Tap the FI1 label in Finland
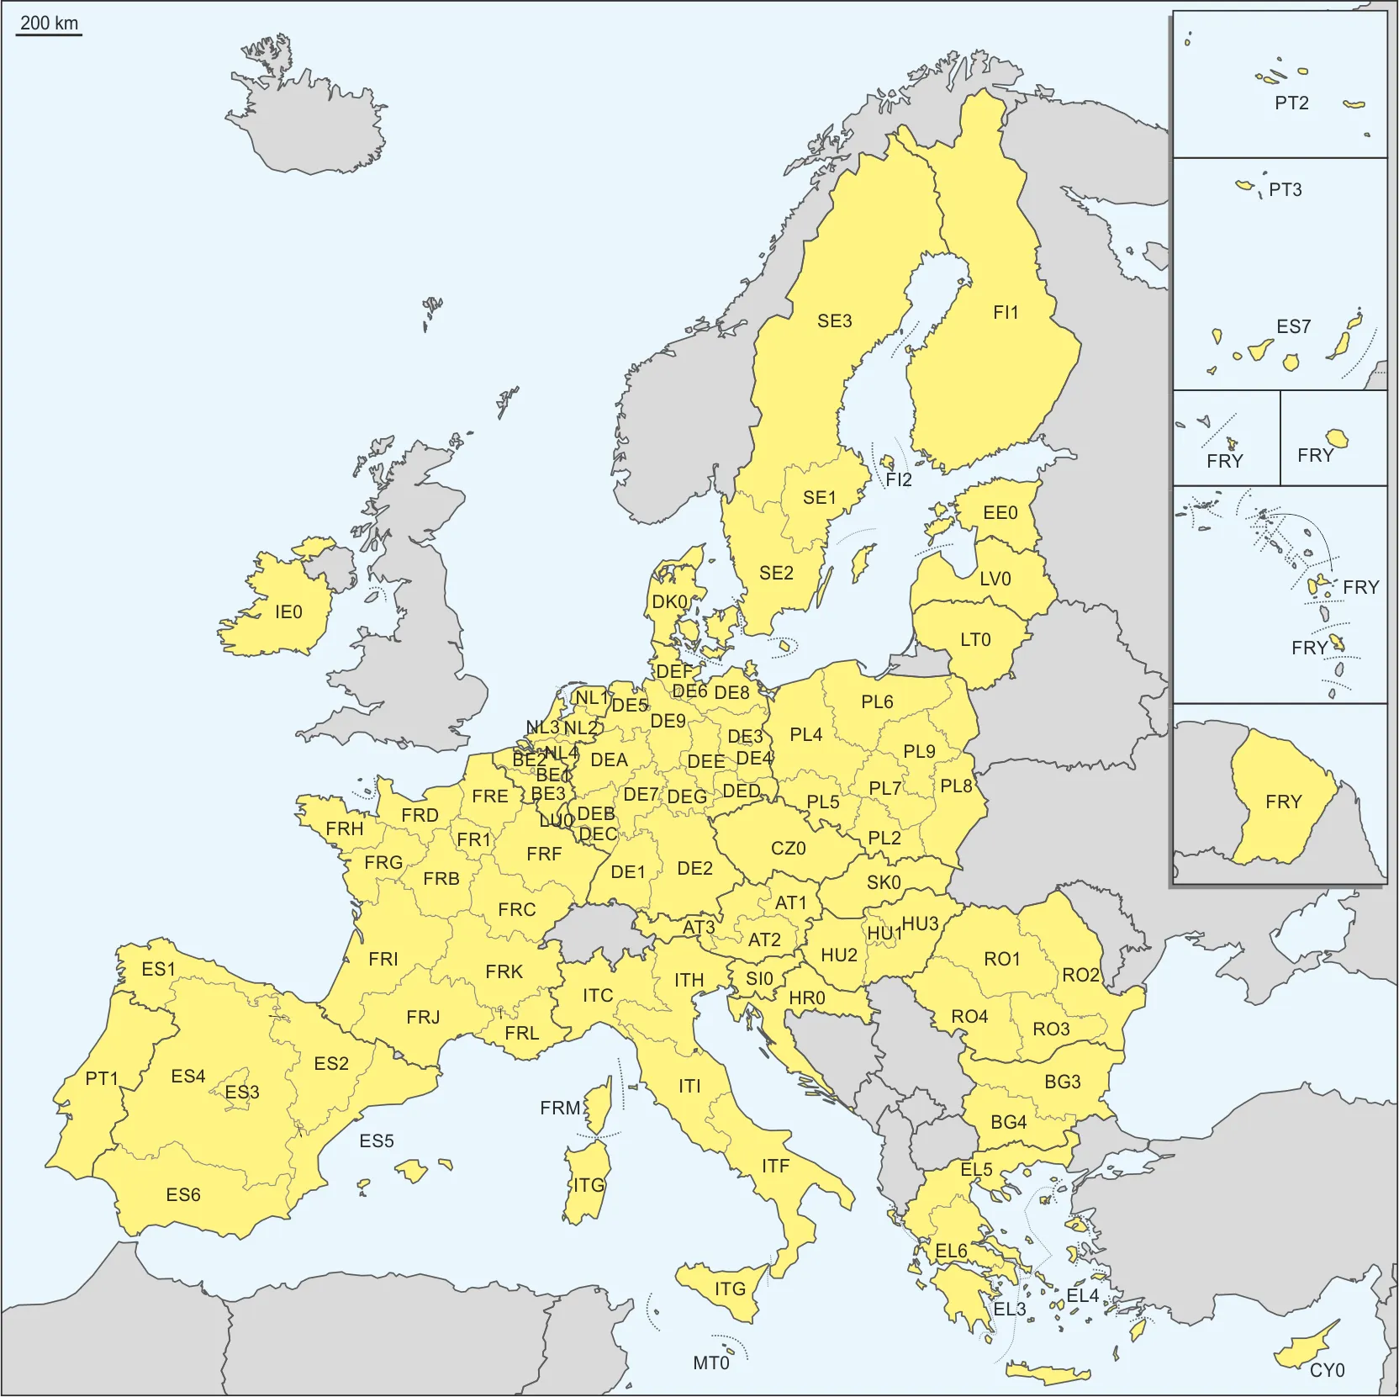pos(1006,313)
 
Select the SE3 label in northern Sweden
pos(834,321)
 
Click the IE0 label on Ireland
pos(288,612)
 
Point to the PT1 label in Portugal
pos(102,1078)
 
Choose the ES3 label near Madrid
pos(242,1092)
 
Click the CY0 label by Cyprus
pos(1327,1370)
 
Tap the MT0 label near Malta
pos(710,1363)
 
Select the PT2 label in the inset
pos(1291,103)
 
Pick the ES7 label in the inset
pos(1293,326)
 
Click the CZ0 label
pos(788,848)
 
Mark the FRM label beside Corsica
pos(560,1109)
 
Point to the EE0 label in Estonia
pos(1000,513)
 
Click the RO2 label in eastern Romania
pos(1080,975)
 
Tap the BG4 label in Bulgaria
pos(1008,1122)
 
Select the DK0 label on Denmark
pos(670,602)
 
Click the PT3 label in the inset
pos(1285,190)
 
